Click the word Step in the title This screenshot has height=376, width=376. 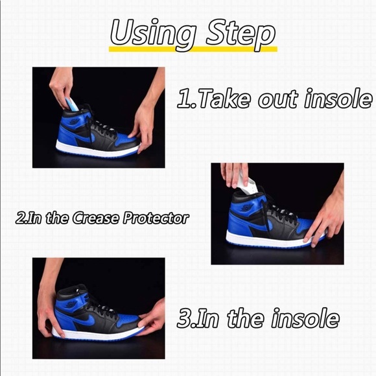click(241, 34)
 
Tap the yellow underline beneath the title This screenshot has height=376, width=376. click(193, 49)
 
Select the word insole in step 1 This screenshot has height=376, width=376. click(338, 99)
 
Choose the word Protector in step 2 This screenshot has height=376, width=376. click(156, 218)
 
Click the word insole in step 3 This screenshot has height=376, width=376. click(305, 318)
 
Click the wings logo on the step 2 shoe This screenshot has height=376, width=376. click(247, 207)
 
